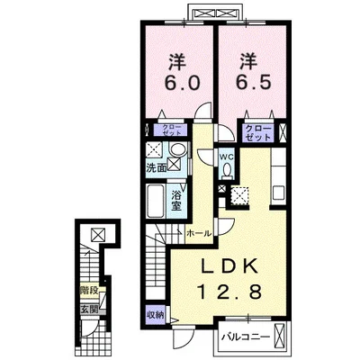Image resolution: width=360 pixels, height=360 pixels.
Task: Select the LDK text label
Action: [229, 265]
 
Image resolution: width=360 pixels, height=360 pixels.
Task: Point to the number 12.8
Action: [229, 292]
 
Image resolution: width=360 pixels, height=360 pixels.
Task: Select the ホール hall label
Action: [199, 233]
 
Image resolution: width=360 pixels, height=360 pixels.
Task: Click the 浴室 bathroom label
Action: [175, 201]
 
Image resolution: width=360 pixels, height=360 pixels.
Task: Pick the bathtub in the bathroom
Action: [156, 201]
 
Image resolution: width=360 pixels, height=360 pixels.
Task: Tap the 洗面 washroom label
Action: [156, 168]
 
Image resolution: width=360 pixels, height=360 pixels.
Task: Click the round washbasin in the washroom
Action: [178, 149]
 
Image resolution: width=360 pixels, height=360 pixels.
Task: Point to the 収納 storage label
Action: [156, 315]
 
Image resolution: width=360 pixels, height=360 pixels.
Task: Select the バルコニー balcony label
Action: [246, 337]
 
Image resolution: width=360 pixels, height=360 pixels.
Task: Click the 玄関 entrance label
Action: [89, 310]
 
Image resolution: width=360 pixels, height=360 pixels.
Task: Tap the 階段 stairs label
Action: [89, 291]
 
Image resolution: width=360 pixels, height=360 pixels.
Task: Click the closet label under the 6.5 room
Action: [258, 133]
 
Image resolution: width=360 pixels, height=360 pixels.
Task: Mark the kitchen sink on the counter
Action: [279, 193]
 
